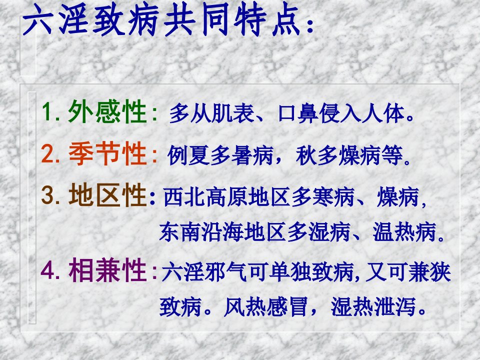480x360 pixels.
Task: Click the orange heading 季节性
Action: pos(107,153)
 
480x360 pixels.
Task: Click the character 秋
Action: pos(306,155)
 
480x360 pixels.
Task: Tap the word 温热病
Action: pos(404,231)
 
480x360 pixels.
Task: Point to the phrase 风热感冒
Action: pos(265,306)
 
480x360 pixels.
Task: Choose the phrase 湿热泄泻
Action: pos(373,306)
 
